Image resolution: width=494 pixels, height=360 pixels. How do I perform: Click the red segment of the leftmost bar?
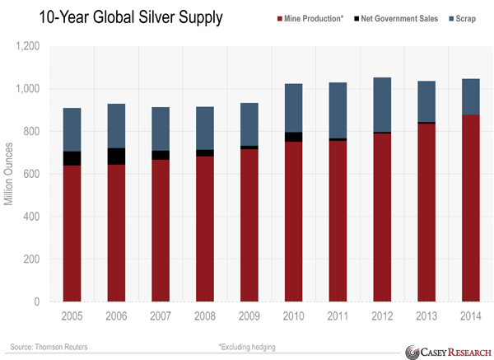[x=72, y=233]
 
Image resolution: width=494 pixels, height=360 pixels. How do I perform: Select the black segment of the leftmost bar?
[x=72, y=158]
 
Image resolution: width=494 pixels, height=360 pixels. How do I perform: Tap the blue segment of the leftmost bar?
[x=72, y=129]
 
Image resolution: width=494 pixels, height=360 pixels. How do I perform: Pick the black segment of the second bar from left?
[x=116, y=157]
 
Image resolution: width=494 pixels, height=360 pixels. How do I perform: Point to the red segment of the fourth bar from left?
[x=205, y=228]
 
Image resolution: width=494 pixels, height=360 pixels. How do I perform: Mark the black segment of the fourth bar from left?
[x=205, y=153]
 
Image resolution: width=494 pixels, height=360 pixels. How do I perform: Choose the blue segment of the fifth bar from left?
[x=249, y=124]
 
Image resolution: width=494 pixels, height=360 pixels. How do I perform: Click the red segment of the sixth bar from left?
[x=294, y=221]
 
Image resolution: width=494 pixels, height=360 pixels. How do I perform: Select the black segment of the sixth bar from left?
[x=294, y=137]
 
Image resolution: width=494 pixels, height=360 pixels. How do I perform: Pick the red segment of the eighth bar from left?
[x=383, y=217]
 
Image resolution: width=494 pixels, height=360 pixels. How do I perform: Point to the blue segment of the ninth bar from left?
[x=426, y=101]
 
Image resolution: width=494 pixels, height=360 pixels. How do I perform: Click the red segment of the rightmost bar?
[x=471, y=208]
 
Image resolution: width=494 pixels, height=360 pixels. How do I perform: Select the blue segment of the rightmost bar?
[x=471, y=96]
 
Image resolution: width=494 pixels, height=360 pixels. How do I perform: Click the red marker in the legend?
[x=271, y=22]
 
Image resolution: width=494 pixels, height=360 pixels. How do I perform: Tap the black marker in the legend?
[x=352, y=23]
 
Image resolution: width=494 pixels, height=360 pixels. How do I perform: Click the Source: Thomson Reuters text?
[x=49, y=347]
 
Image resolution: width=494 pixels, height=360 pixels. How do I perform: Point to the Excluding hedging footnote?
[x=248, y=347]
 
